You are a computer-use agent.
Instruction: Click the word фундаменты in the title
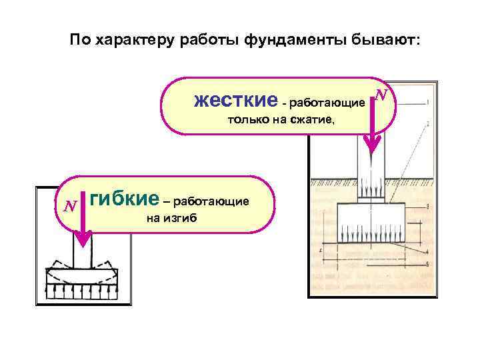pyautogui.click(x=292, y=40)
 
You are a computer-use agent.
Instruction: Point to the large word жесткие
pyautogui.click(x=235, y=101)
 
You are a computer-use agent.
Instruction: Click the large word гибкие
pyautogui.click(x=124, y=198)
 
